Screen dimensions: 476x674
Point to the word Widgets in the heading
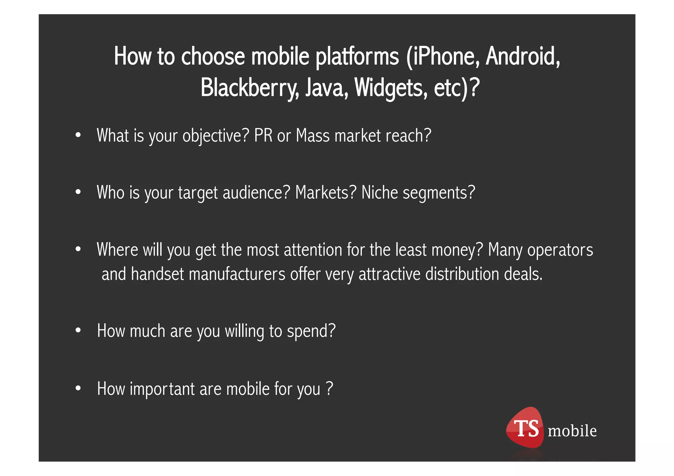pyautogui.click(x=391, y=88)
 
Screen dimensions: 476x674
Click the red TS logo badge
pyautogui.click(x=525, y=428)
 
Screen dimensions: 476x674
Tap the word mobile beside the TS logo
pyautogui.click(x=572, y=431)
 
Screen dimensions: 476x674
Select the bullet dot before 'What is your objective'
pyautogui.click(x=78, y=135)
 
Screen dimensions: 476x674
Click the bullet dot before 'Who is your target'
pyautogui.click(x=78, y=192)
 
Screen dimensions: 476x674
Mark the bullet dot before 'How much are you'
pyautogui.click(x=78, y=330)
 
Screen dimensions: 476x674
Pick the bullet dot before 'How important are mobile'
pyautogui.click(x=78, y=388)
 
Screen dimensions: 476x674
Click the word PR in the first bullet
pyautogui.click(x=263, y=135)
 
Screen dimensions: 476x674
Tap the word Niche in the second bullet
pyautogui.click(x=379, y=192)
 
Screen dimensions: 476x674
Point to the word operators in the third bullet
pyautogui.click(x=560, y=250)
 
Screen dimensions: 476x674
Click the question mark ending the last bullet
pyautogui.click(x=329, y=388)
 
